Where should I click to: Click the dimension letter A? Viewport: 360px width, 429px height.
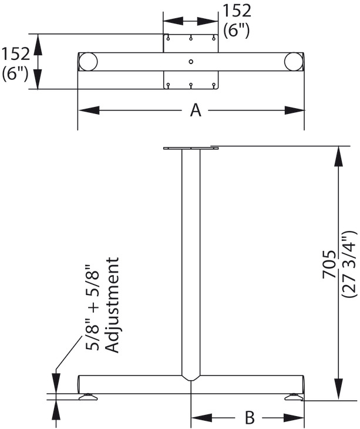click(x=196, y=110)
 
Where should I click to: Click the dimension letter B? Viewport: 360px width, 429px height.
click(x=249, y=417)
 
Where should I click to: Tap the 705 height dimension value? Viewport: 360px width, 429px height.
click(x=329, y=264)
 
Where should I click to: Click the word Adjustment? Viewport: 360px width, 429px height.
click(x=112, y=305)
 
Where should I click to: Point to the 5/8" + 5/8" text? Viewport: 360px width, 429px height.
click(x=92, y=307)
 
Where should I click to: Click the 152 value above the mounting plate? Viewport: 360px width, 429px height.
click(x=237, y=11)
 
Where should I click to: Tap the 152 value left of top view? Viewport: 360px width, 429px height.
click(x=15, y=54)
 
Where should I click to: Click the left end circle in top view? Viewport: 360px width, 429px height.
click(x=88, y=62)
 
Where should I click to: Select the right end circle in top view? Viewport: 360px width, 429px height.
click(x=294, y=62)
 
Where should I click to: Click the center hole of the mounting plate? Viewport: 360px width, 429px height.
click(x=191, y=62)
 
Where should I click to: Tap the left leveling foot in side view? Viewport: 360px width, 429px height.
click(x=88, y=397)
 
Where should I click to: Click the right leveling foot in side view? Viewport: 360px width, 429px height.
click(x=294, y=397)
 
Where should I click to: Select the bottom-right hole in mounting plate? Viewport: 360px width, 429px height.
click(x=214, y=85)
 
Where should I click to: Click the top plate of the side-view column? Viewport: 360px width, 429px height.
click(x=191, y=148)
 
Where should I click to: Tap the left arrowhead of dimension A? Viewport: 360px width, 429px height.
click(x=89, y=110)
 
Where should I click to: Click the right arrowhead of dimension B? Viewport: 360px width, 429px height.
click(x=294, y=418)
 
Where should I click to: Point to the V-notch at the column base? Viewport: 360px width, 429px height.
click(x=191, y=378)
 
